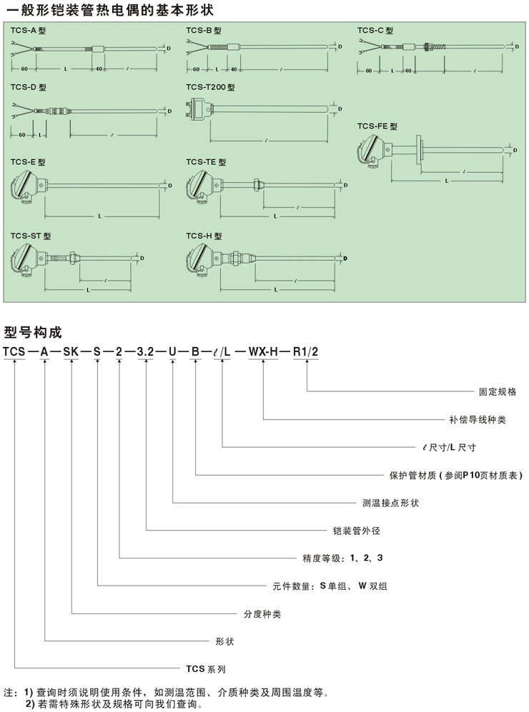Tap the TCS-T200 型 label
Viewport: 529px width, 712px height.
point(210,87)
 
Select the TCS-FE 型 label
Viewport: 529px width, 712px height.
point(377,126)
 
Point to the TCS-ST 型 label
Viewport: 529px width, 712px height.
point(31,236)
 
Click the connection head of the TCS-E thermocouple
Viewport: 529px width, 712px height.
point(26,186)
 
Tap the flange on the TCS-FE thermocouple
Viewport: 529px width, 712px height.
point(424,151)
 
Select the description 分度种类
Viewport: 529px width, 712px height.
point(258,613)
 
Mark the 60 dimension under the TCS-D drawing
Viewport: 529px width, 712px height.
point(22,135)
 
